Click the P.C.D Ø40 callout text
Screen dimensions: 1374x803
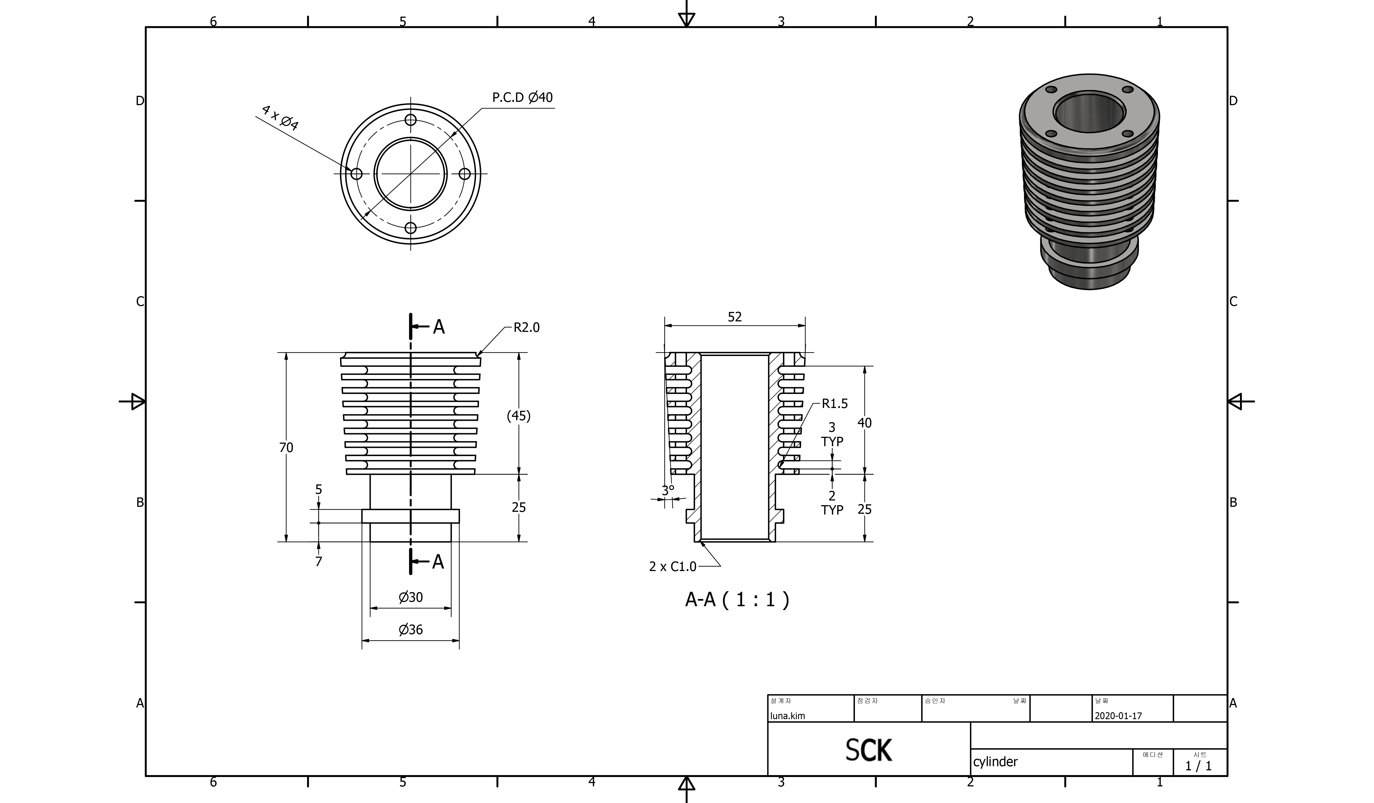tap(522, 98)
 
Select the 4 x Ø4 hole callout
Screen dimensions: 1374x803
tap(280, 118)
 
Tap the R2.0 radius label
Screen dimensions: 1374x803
tap(527, 328)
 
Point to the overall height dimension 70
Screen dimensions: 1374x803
tap(286, 448)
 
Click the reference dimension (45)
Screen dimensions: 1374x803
tap(519, 416)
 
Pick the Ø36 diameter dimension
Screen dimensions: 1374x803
tap(411, 630)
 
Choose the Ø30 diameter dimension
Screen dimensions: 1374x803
tap(411, 598)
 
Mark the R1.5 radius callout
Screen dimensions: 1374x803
tap(835, 404)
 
